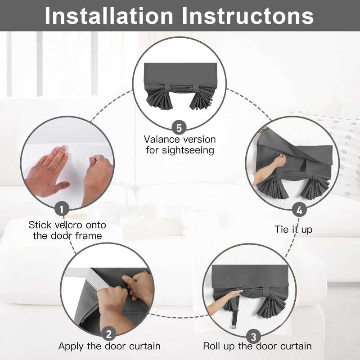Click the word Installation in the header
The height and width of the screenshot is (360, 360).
109,16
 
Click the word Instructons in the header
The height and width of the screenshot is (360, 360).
248,16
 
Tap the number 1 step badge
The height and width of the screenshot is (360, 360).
62,209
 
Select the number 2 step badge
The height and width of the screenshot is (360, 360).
109,333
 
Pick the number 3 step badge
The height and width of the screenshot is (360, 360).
253,337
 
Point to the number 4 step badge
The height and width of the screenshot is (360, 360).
299,210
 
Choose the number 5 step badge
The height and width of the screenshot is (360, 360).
179,127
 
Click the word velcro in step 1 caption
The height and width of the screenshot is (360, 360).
68,225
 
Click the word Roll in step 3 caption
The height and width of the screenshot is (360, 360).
211,346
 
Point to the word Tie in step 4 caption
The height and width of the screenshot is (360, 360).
281,229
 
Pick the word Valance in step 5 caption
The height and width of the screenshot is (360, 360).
160,139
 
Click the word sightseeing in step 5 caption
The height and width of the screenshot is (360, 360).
188,151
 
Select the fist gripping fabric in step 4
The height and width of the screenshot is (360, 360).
279,160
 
